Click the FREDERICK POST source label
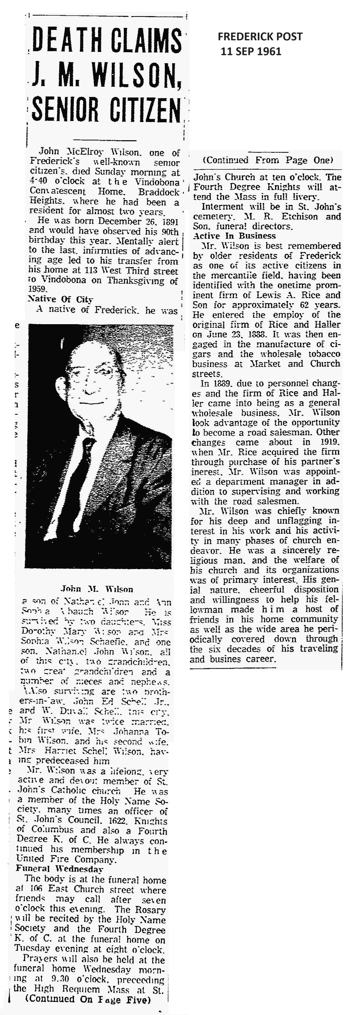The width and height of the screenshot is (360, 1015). (x=260, y=37)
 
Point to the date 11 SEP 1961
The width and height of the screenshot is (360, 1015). (x=251, y=51)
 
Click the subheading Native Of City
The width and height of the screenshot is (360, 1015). (x=60, y=299)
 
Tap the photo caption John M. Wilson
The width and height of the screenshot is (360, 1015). (x=97, y=590)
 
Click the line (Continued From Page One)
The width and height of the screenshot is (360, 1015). (x=268, y=160)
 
